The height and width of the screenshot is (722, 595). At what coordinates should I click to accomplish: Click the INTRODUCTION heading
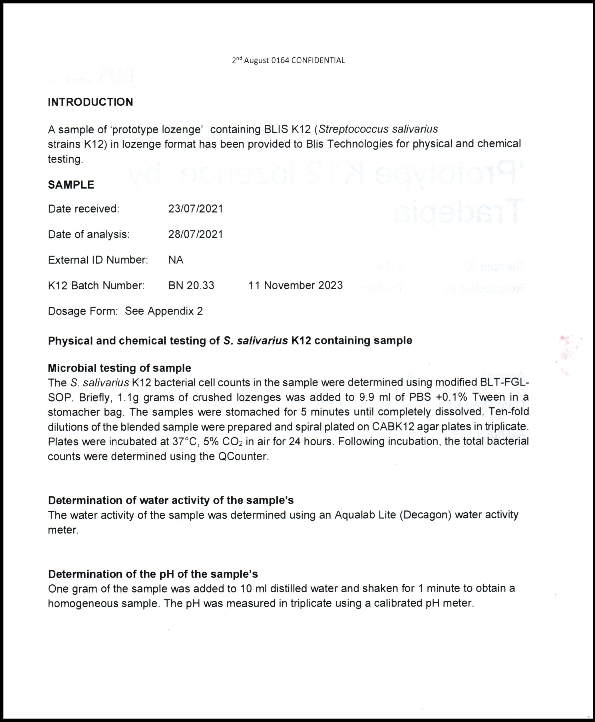[x=90, y=102]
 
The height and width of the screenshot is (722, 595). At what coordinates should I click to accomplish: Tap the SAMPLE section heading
[x=71, y=185]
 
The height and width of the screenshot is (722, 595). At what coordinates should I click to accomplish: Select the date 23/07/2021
[x=195, y=209]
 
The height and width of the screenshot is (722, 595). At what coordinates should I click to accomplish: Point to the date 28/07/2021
[x=195, y=234]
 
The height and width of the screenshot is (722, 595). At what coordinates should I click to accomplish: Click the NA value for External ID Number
[x=176, y=260]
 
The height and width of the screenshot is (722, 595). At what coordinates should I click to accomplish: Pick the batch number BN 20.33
[x=191, y=286]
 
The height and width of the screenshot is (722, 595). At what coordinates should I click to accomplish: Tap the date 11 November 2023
[x=296, y=286]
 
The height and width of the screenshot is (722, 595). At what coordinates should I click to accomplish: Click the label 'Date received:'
[x=84, y=209]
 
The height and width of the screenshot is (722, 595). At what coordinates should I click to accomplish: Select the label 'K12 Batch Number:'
[x=96, y=286]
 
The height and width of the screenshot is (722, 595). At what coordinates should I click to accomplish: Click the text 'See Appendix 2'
[x=164, y=311]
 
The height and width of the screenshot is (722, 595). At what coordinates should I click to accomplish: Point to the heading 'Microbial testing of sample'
[x=119, y=368]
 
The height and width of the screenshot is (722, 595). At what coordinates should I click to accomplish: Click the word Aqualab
[x=355, y=515]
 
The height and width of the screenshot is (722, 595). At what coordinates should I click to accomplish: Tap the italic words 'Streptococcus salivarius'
[x=378, y=129]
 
